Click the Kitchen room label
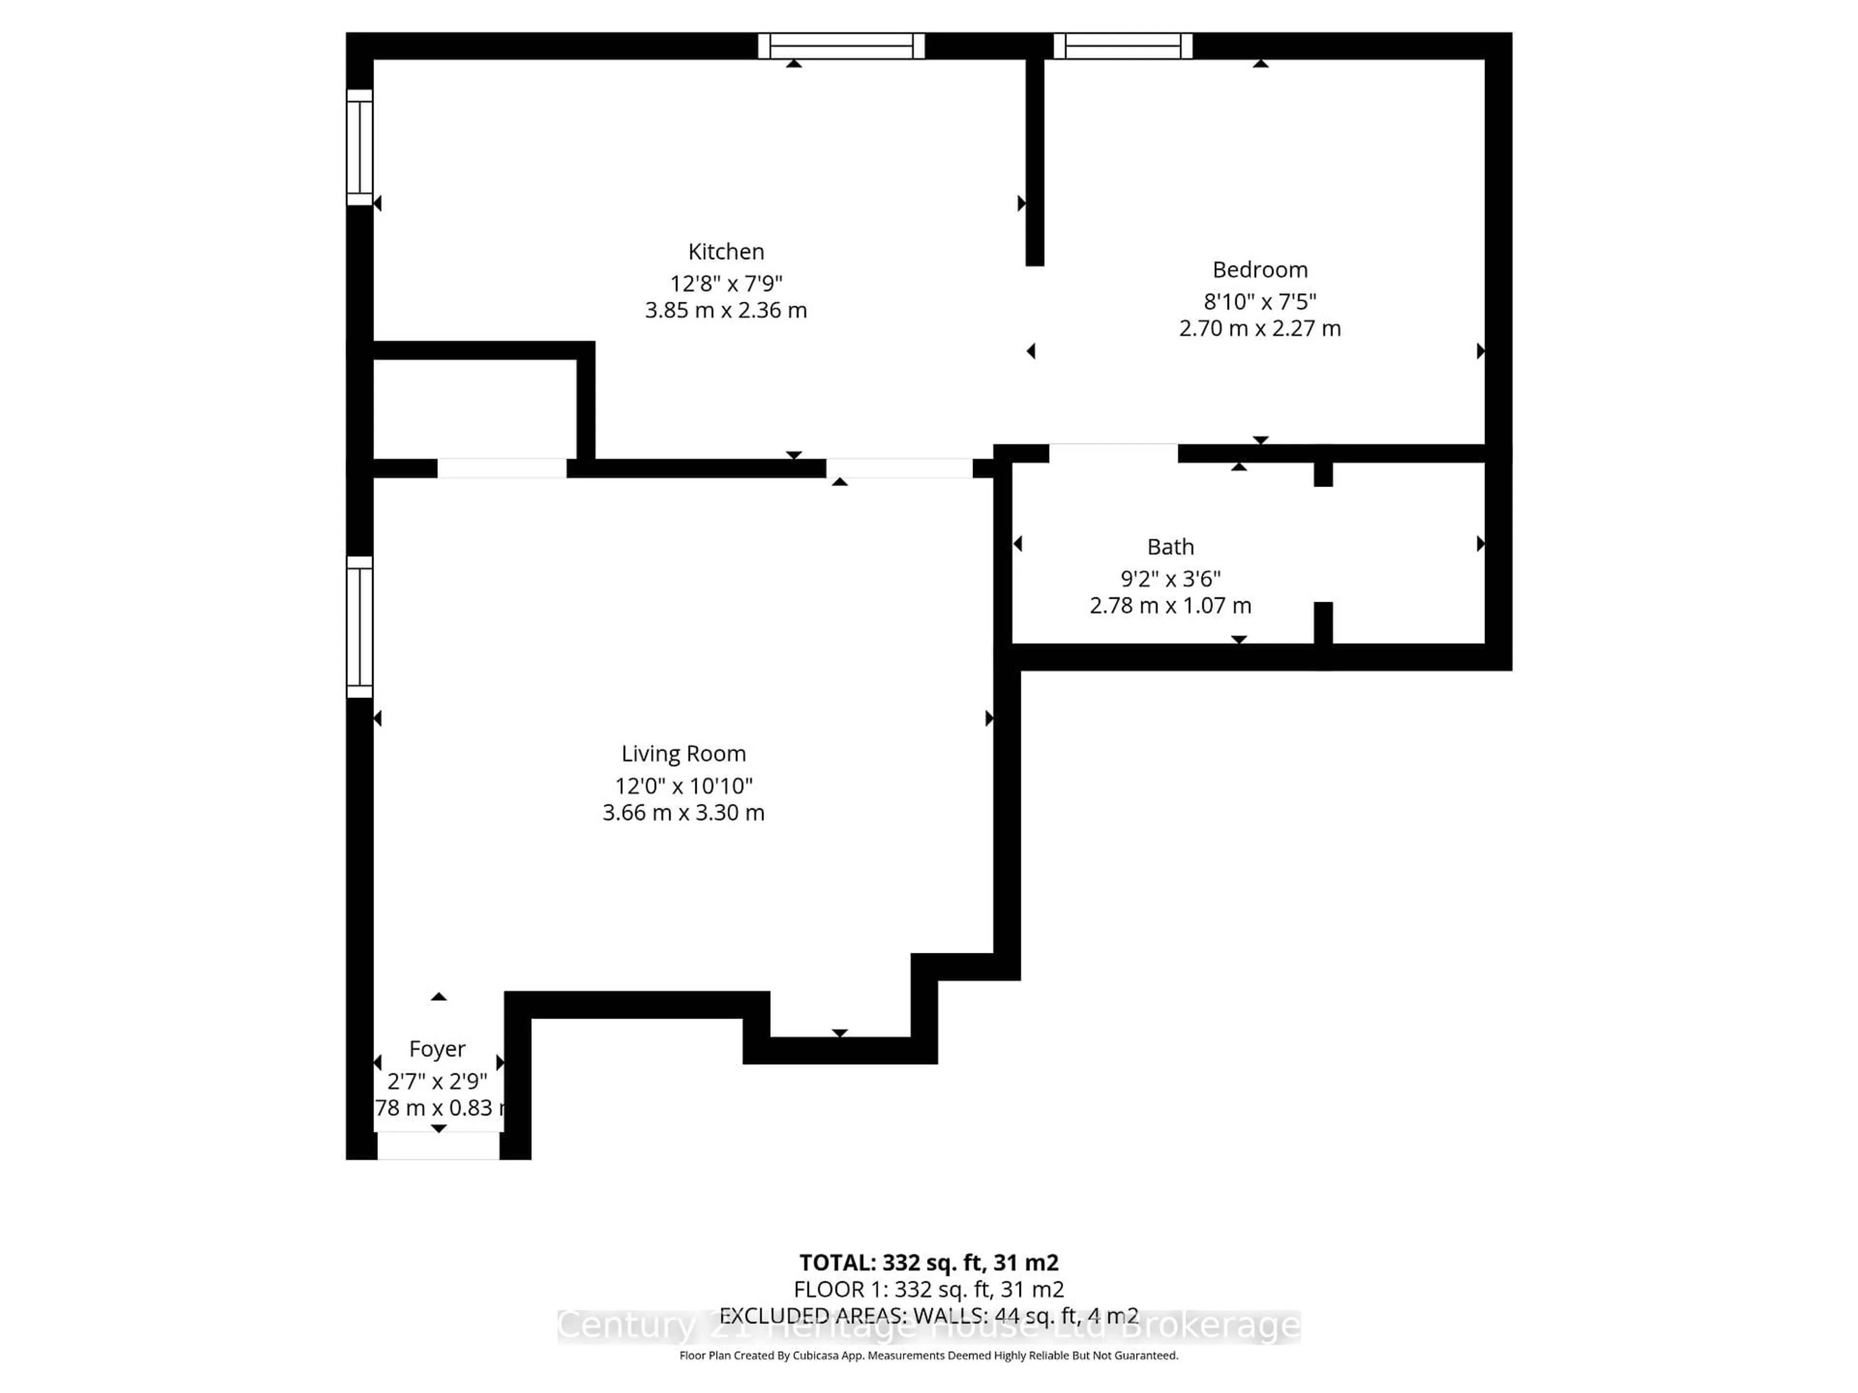[x=726, y=252]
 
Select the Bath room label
[x=1170, y=547]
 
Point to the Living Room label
[x=683, y=753]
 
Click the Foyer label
[x=437, y=1049]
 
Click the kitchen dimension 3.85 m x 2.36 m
[x=726, y=311]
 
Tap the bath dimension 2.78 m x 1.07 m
[x=1170, y=606]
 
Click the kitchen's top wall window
[x=841, y=45]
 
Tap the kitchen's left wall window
[x=360, y=147]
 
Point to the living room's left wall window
[x=360, y=626]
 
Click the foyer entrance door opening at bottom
[x=437, y=1145]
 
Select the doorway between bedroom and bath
[x=1113, y=453]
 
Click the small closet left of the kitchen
[x=475, y=409]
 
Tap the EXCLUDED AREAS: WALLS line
[x=928, y=1316]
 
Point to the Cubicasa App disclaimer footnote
[x=928, y=1355]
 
